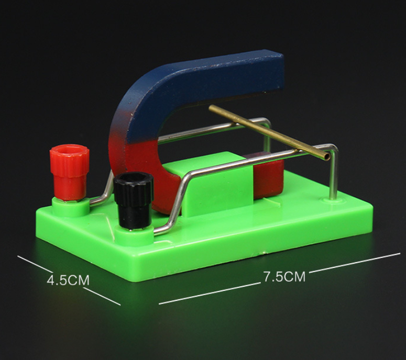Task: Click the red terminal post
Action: [x=69, y=172]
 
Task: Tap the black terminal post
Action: [x=134, y=200]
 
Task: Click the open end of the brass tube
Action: [x=327, y=156]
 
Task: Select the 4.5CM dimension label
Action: [x=68, y=280]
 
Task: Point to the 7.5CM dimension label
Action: [x=284, y=276]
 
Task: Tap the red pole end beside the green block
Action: [x=267, y=178]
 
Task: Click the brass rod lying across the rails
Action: [x=269, y=132]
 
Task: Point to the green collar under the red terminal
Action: [x=70, y=207]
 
